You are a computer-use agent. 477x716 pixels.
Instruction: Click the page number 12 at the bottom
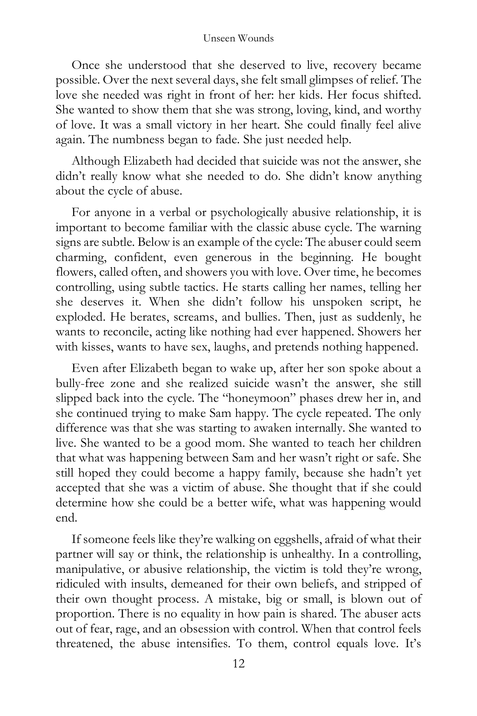coord(238,663)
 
